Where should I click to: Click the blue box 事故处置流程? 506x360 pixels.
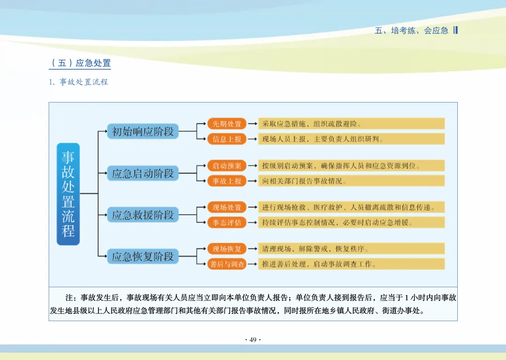[68, 194]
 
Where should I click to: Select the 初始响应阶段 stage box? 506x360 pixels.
[143, 131]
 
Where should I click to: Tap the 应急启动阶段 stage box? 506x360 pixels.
[143, 173]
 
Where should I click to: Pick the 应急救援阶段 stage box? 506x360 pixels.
[143, 215]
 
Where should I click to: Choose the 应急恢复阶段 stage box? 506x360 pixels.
[143, 256]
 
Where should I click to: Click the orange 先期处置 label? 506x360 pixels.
[227, 124]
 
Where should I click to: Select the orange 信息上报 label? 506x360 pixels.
[227, 139]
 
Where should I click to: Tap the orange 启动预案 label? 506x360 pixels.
[227, 165]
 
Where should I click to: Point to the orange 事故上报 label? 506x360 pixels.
[227, 180]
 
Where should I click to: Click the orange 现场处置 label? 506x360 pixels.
[227, 207]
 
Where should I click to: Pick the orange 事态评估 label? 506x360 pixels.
[227, 222]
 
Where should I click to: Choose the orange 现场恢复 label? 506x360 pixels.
[227, 249]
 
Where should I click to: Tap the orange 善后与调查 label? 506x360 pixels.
[227, 264]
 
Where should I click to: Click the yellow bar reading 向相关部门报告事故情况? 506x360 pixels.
[351, 180]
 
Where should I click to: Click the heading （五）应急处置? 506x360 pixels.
[80, 63]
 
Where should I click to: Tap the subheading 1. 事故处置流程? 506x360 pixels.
[79, 82]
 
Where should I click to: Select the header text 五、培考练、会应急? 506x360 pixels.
[411, 30]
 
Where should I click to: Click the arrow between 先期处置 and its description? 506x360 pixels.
[253, 124]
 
